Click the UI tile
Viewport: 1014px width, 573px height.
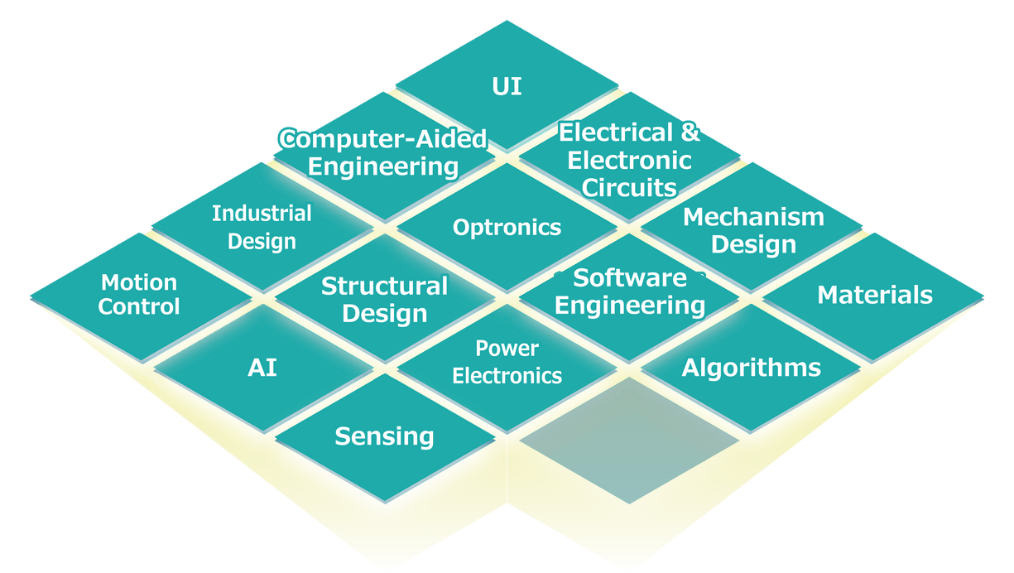click(x=507, y=86)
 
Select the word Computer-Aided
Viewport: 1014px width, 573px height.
click(x=382, y=139)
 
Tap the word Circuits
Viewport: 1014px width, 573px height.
click(x=629, y=188)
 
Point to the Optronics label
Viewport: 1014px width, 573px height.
click(x=507, y=228)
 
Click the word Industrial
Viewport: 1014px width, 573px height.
click(x=262, y=214)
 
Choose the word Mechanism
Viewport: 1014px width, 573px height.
click(x=753, y=218)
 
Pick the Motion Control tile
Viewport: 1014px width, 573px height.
click(x=139, y=296)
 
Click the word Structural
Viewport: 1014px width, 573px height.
click(x=384, y=286)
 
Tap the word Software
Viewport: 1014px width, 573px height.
click(x=630, y=277)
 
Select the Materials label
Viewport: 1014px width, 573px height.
click(x=875, y=296)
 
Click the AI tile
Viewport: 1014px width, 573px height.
click(x=262, y=368)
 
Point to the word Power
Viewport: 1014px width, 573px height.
click(x=507, y=349)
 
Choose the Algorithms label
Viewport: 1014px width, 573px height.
click(x=752, y=368)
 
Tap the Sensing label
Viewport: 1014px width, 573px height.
click(x=384, y=436)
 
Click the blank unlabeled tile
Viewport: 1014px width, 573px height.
click(x=629, y=439)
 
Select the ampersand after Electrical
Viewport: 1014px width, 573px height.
click(x=690, y=132)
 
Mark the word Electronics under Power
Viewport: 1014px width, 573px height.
click(x=507, y=376)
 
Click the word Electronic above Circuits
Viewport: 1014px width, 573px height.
click(x=629, y=160)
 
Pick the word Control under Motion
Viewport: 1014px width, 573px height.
click(x=139, y=307)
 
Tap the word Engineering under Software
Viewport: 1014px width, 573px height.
click(x=630, y=306)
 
